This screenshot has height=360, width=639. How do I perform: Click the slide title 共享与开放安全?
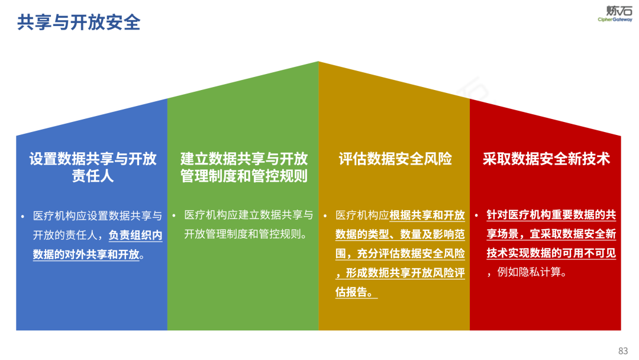(79, 22)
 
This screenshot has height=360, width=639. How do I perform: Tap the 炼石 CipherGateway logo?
(615, 14)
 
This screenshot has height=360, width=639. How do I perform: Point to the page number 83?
(623, 351)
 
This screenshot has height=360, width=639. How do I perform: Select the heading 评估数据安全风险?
(395, 159)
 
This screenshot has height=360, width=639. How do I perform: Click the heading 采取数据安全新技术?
(546, 159)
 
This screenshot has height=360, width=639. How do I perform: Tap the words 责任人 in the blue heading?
(92, 176)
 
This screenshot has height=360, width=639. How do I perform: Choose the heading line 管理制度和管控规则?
(244, 176)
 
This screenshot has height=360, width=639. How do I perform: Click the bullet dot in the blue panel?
(22, 216)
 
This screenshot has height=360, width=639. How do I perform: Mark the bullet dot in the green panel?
(173, 216)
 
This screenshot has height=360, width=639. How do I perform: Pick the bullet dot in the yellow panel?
(325, 216)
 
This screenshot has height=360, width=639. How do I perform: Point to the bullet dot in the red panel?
(476, 216)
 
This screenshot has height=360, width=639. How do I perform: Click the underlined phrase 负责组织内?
(135, 235)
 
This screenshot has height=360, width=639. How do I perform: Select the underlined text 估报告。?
(356, 292)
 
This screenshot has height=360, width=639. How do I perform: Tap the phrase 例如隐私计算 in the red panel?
(529, 272)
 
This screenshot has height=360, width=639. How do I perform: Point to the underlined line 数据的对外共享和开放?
(86, 255)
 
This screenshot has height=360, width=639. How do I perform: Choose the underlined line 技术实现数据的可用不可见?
(551, 253)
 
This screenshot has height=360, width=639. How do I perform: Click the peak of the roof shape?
(318, 62)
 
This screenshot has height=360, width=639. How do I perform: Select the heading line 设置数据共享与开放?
(92, 159)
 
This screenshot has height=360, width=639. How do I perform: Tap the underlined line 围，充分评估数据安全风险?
(400, 253)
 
